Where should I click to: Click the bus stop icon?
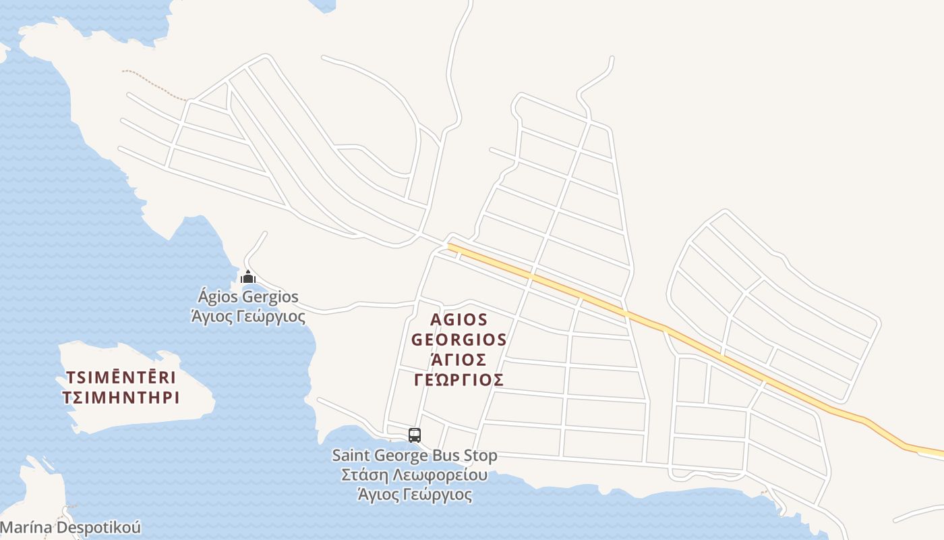pyautogui.click(x=415, y=435)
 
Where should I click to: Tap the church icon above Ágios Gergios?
pyautogui.click(x=248, y=277)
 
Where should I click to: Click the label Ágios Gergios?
pyautogui.click(x=248, y=297)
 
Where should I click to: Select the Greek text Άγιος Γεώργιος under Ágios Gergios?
pyautogui.click(x=248, y=316)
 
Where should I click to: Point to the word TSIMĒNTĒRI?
pyautogui.click(x=121, y=377)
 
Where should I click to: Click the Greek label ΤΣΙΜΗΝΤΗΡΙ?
pyautogui.click(x=121, y=398)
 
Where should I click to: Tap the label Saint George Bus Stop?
pyautogui.click(x=415, y=456)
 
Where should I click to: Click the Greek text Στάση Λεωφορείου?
pyautogui.click(x=415, y=475)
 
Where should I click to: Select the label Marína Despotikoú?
pyautogui.click(x=70, y=527)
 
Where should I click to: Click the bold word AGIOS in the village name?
pyautogui.click(x=459, y=319)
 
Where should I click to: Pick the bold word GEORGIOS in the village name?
pyautogui.click(x=459, y=339)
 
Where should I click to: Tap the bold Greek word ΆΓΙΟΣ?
pyautogui.click(x=459, y=359)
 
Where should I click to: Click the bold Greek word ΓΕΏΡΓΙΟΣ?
pyautogui.click(x=459, y=379)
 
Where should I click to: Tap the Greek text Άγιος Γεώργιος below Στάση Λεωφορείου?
pyautogui.click(x=415, y=495)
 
